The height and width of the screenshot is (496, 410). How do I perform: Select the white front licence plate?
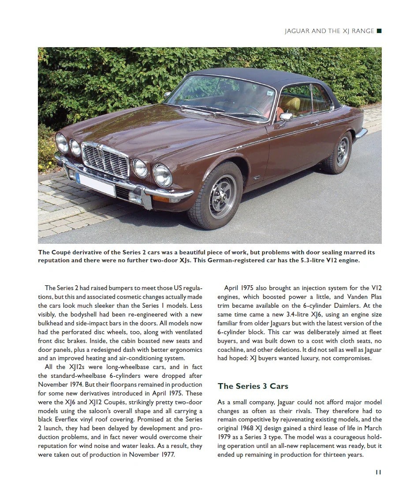pos(96,184)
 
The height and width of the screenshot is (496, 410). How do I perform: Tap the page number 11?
pos(378,472)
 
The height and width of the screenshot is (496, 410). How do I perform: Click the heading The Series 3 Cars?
pos(253,386)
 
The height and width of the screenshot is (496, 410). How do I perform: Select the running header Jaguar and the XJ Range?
pos(329,31)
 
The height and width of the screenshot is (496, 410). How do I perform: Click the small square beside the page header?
pos(379,31)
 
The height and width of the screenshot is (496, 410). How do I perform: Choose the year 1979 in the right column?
pos(226,437)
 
